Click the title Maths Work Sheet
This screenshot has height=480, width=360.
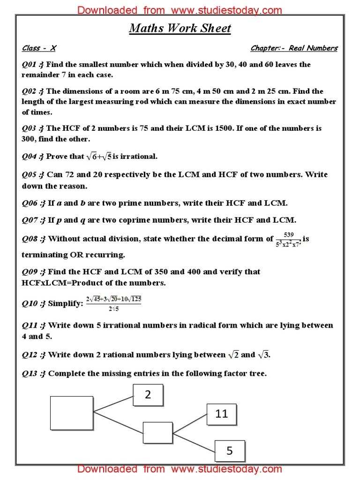[180, 29]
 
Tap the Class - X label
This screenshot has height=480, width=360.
[38, 48]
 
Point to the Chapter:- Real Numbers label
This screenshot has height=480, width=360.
[294, 48]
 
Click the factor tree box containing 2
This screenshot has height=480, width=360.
[148, 395]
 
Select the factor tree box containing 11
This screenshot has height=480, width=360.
[221, 414]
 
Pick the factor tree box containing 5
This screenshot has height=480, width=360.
[230, 451]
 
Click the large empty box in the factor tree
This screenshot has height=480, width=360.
[72, 412]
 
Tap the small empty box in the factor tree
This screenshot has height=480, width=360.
[157, 433]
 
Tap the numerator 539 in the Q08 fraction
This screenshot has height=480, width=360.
[289, 234]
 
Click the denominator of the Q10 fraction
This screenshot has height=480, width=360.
[113, 308]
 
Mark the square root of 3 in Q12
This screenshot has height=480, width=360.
[264, 355]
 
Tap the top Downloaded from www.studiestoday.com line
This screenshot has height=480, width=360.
[180, 10]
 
